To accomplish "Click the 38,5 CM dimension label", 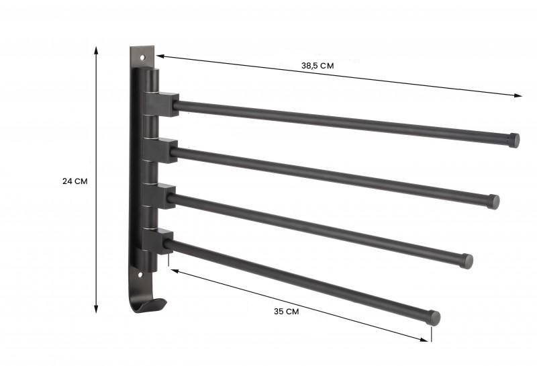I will click(x=318, y=66).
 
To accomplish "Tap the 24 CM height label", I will click(x=75, y=181).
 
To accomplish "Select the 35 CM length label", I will click(x=287, y=311).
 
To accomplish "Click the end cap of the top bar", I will click(x=514, y=140).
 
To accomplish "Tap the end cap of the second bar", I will click(x=493, y=201).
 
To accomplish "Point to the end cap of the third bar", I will click(x=467, y=261).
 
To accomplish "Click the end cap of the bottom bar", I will click(x=434, y=318).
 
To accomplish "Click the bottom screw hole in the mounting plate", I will click(x=141, y=274).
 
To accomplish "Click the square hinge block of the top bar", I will click(x=163, y=103).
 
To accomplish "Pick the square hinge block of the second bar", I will click(x=161, y=149).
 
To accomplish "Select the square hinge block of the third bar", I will click(x=160, y=195).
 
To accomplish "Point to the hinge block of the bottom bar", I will click(x=158, y=240).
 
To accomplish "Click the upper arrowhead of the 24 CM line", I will click(x=97, y=50).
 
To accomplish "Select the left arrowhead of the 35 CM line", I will click(x=173, y=270).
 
